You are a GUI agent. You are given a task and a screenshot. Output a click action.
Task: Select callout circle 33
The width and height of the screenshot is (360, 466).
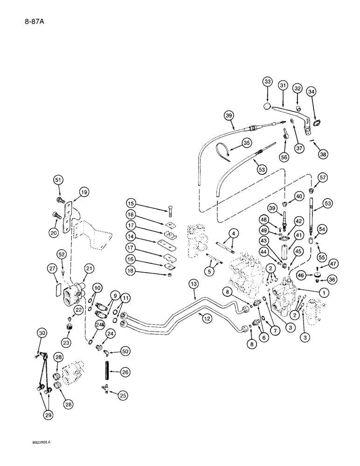point(267,82)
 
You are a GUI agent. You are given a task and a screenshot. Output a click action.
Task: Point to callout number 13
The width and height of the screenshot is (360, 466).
point(193,296)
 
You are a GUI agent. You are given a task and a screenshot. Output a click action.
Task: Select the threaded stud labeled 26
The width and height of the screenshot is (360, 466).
point(105,372)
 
